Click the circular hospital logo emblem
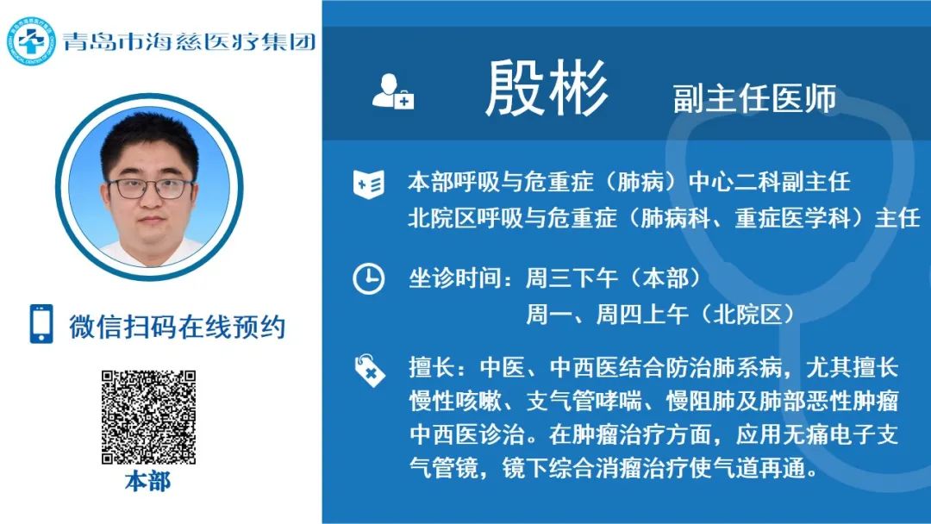click(x=31, y=41)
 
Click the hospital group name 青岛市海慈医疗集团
click(x=190, y=41)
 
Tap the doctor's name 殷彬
click(x=547, y=89)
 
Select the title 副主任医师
click(x=754, y=98)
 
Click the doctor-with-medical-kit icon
click(x=392, y=91)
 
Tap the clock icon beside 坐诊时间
click(x=369, y=278)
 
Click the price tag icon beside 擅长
click(x=369, y=371)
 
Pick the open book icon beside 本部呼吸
click(x=369, y=184)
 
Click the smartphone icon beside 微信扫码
click(x=41, y=324)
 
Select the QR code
click(x=148, y=417)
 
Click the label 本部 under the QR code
click(x=148, y=481)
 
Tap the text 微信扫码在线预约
click(x=177, y=327)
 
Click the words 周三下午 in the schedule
click(x=572, y=278)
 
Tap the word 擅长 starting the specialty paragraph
click(x=432, y=367)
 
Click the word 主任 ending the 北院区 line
click(x=897, y=218)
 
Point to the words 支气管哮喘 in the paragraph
click(x=584, y=401)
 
